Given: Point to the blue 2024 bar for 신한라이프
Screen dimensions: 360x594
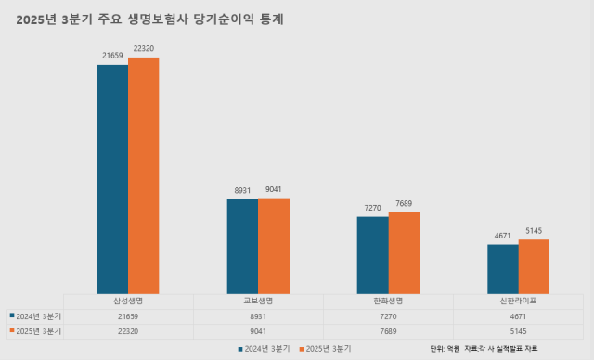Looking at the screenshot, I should (502, 269).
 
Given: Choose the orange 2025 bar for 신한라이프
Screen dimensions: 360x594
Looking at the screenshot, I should (534, 266).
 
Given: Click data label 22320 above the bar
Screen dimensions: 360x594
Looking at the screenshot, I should (144, 48).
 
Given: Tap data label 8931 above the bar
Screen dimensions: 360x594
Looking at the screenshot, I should (242, 190).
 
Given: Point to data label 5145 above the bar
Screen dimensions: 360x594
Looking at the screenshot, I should (534, 231).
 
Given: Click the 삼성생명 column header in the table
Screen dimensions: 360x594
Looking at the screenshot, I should (128, 302).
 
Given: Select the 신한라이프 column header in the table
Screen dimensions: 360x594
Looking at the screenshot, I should (518, 302).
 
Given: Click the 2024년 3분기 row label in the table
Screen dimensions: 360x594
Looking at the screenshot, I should (35, 315).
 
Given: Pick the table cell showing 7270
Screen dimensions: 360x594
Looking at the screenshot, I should (388, 315).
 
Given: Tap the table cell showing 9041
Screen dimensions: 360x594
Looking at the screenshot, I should (258, 330).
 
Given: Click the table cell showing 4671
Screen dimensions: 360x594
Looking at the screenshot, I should (518, 315).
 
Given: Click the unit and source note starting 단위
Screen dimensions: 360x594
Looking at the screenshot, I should (484, 349).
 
